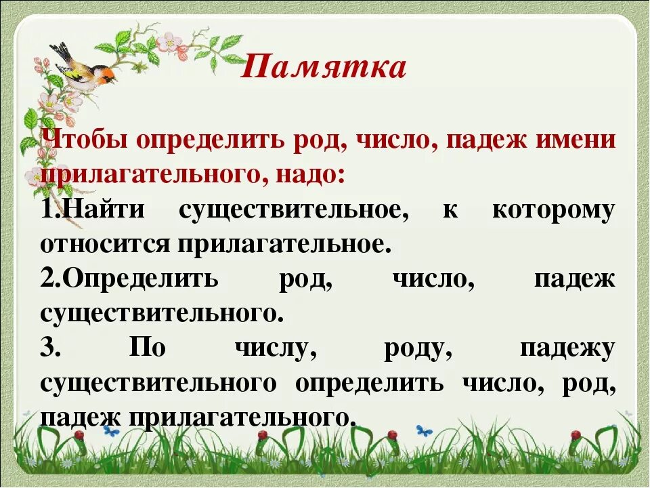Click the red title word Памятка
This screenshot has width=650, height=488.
click(324, 68)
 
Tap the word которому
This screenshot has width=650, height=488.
click(553, 210)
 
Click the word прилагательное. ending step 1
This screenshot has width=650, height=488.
click(284, 245)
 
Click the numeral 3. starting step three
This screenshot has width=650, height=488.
click(51, 348)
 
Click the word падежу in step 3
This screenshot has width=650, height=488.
click(567, 348)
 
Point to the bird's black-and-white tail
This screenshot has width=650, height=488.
click(60, 51)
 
